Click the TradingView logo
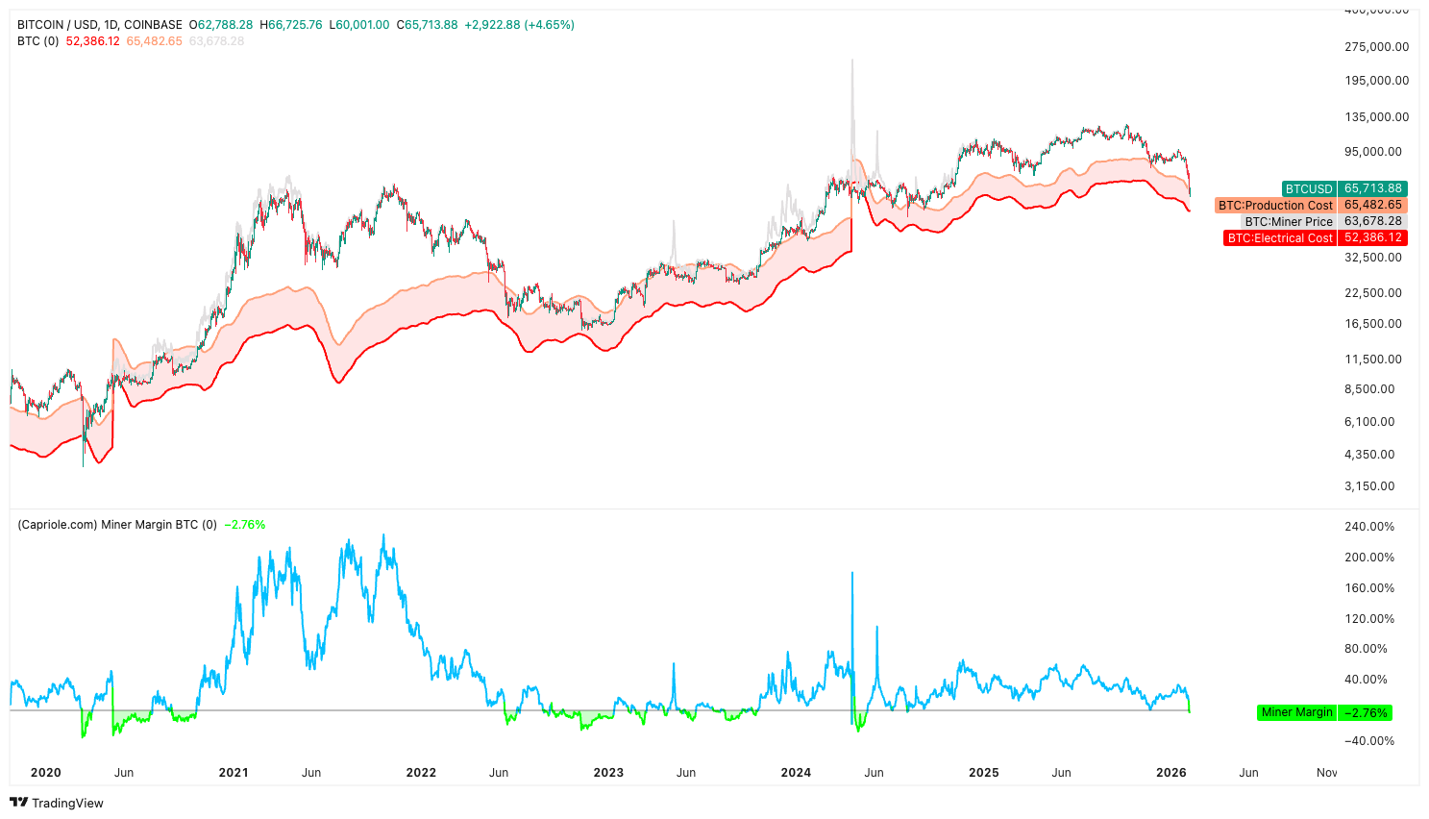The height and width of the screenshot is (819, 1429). point(57,803)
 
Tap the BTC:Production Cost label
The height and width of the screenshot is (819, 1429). point(1275,205)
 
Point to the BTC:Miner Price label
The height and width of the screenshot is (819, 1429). point(1289,221)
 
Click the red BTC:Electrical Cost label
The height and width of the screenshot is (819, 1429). point(1280,237)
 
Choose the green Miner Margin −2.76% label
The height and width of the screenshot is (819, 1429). point(1296,712)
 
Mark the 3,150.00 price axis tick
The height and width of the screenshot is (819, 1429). point(1368,486)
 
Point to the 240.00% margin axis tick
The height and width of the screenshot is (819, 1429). point(1368,527)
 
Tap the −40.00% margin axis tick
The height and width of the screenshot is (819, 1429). point(1368,741)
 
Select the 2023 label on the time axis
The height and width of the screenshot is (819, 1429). point(608,773)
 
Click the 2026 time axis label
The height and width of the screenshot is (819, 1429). point(1171,773)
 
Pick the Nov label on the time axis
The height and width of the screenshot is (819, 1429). point(1326,773)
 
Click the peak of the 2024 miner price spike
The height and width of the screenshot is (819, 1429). point(851,61)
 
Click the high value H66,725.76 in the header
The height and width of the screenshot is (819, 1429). point(291,25)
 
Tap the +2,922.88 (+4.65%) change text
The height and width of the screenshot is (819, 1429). point(519,25)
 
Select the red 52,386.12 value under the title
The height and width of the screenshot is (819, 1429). point(92,41)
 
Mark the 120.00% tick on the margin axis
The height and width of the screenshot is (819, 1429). point(1368,619)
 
